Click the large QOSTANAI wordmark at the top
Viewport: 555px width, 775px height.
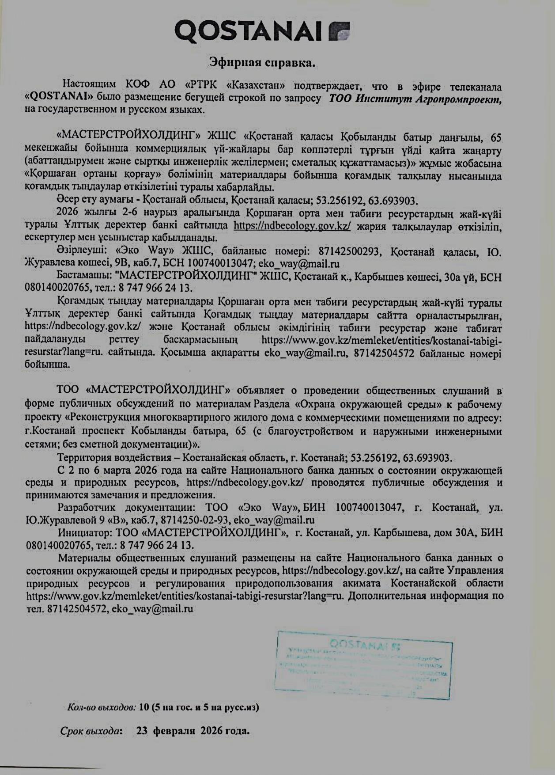250,31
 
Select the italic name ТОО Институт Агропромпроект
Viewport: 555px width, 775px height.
415,98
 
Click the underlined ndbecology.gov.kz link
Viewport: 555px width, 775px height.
292,225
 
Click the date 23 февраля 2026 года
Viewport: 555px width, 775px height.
193,730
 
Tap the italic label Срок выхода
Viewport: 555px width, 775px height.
91,730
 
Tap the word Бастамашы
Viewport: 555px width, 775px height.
82,277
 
